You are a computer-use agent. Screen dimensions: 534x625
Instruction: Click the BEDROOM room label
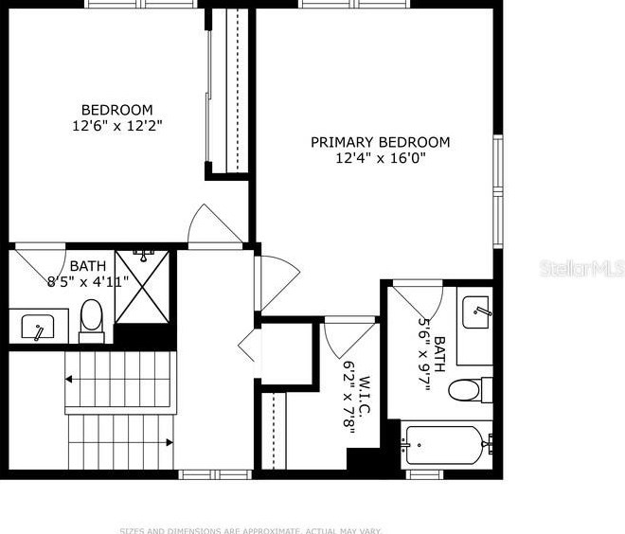point(116,109)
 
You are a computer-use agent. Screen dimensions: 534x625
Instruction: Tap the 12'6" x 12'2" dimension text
point(116,125)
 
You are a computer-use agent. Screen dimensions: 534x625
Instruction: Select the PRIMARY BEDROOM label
point(381,142)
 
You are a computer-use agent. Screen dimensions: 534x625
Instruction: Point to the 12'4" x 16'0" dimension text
point(381,158)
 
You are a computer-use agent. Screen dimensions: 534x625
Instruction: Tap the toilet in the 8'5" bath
point(92,318)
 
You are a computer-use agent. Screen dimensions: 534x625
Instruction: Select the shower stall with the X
point(145,286)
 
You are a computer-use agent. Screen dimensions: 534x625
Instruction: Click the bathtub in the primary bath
point(443,442)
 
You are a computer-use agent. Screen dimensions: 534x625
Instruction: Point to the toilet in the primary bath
point(468,389)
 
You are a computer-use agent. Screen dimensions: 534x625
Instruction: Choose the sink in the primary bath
point(476,311)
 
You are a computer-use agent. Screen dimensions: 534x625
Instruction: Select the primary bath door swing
point(419,301)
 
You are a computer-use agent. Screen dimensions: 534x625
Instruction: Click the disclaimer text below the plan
point(250,529)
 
